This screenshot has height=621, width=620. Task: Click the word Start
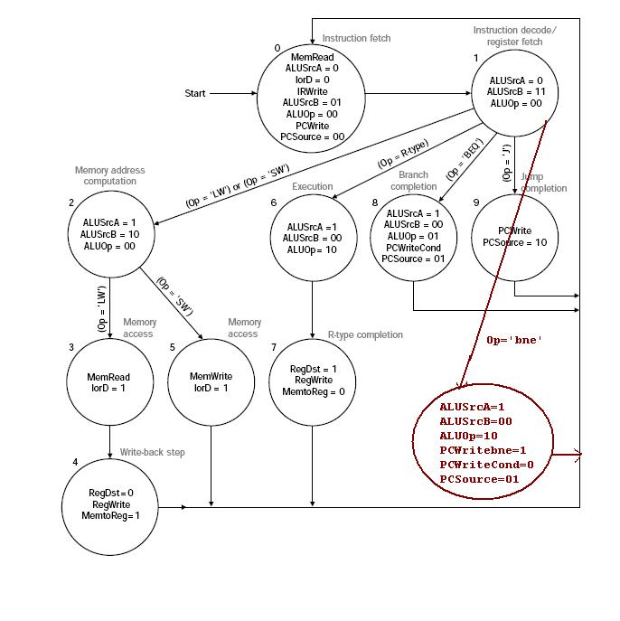point(195,93)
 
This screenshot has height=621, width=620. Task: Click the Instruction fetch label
point(356,39)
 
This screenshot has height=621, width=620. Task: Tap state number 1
point(475,58)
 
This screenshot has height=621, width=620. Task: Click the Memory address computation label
point(109,176)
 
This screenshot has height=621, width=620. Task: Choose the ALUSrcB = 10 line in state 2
point(110,234)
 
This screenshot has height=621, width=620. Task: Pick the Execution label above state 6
point(313,187)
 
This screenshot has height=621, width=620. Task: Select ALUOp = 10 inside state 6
point(313,249)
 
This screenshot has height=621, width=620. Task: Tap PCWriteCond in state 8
point(413,247)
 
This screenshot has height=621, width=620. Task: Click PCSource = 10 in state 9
point(514,242)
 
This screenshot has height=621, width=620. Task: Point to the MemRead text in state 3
point(108,377)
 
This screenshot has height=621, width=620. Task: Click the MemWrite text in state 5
point(211,376)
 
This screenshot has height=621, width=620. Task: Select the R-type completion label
point(365,335)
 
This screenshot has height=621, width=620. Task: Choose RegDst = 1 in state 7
point(312,369)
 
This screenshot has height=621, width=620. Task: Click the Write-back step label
point(152,452)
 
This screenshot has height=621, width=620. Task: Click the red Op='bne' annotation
point(514,341)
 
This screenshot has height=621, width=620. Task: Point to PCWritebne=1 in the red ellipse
point(483,450)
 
